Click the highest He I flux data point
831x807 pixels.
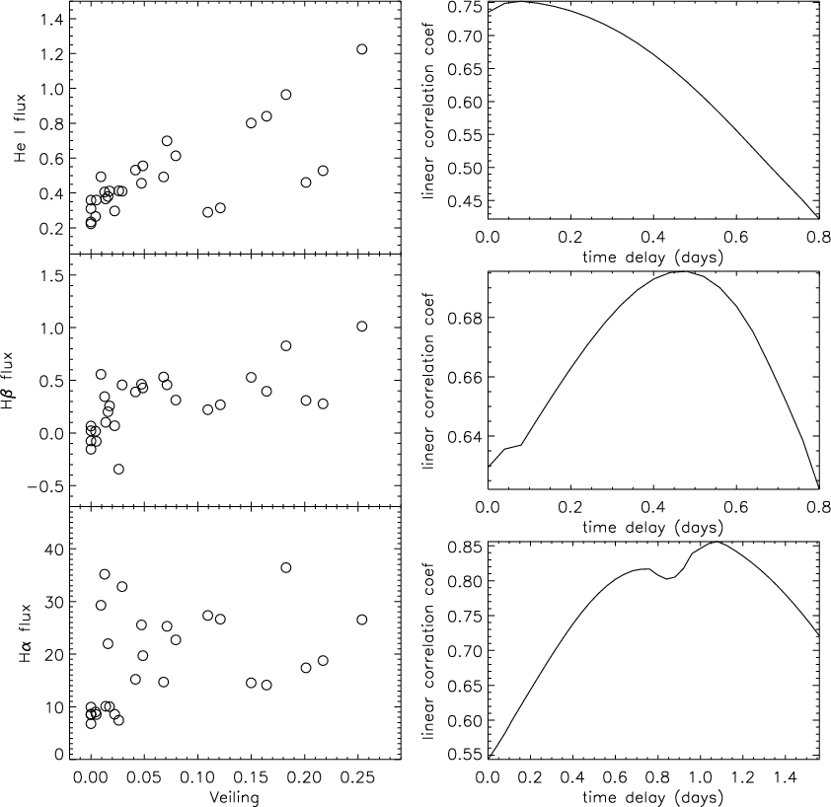click(x=362, y=49)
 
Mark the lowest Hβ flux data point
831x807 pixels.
click(x=118, y=469)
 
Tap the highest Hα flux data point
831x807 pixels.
click(x=285, y=567)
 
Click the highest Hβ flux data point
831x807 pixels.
click(x=362, y=327)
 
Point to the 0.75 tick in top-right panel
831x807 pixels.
click(x=464, y=7)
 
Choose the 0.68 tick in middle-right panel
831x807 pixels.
click(x=464, y=318)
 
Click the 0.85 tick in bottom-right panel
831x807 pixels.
click(x=464, y=547)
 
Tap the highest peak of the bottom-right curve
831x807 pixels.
click(x=717, y=542)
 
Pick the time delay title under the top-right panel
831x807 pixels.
click(x=653, y=257)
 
